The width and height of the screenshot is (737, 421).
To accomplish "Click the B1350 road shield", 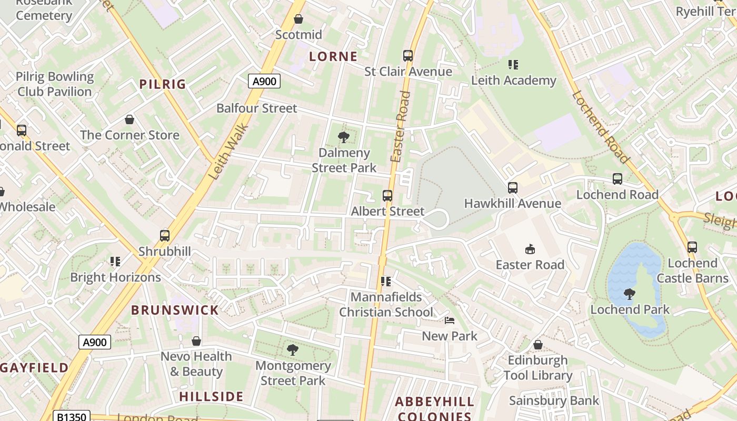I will coord(72,417).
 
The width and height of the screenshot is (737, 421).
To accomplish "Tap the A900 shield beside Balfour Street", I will coord(264,81).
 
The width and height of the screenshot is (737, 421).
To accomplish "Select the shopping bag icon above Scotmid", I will coord(298,19).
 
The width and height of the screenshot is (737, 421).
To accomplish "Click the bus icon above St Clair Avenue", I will coord(408,56).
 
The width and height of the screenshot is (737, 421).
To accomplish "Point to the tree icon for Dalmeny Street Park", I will coord(344,137).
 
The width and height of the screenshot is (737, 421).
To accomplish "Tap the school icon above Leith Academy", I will coord(513,65).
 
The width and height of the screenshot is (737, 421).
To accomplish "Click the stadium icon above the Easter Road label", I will coord(530,249).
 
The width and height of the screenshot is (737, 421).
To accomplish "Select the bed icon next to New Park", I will coord(449,320).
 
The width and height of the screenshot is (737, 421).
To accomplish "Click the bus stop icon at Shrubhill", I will coord(165,236).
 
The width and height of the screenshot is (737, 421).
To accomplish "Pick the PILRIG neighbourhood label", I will coord(163,84).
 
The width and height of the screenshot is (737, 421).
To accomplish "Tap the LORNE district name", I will coord(333,56).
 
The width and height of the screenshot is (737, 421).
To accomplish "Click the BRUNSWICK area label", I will coord(175,310).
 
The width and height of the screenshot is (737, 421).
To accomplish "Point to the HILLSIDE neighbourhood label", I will coord(211,396).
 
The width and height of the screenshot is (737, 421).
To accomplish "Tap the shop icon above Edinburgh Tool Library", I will coord(538,345).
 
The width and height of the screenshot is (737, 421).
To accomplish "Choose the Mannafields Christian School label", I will coord(386,304).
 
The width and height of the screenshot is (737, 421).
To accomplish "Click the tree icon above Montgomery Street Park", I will coord(292,349).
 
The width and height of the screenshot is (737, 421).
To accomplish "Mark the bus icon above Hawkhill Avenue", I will coord(512,188).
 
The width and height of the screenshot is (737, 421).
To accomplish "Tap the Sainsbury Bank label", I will coord(554,400).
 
